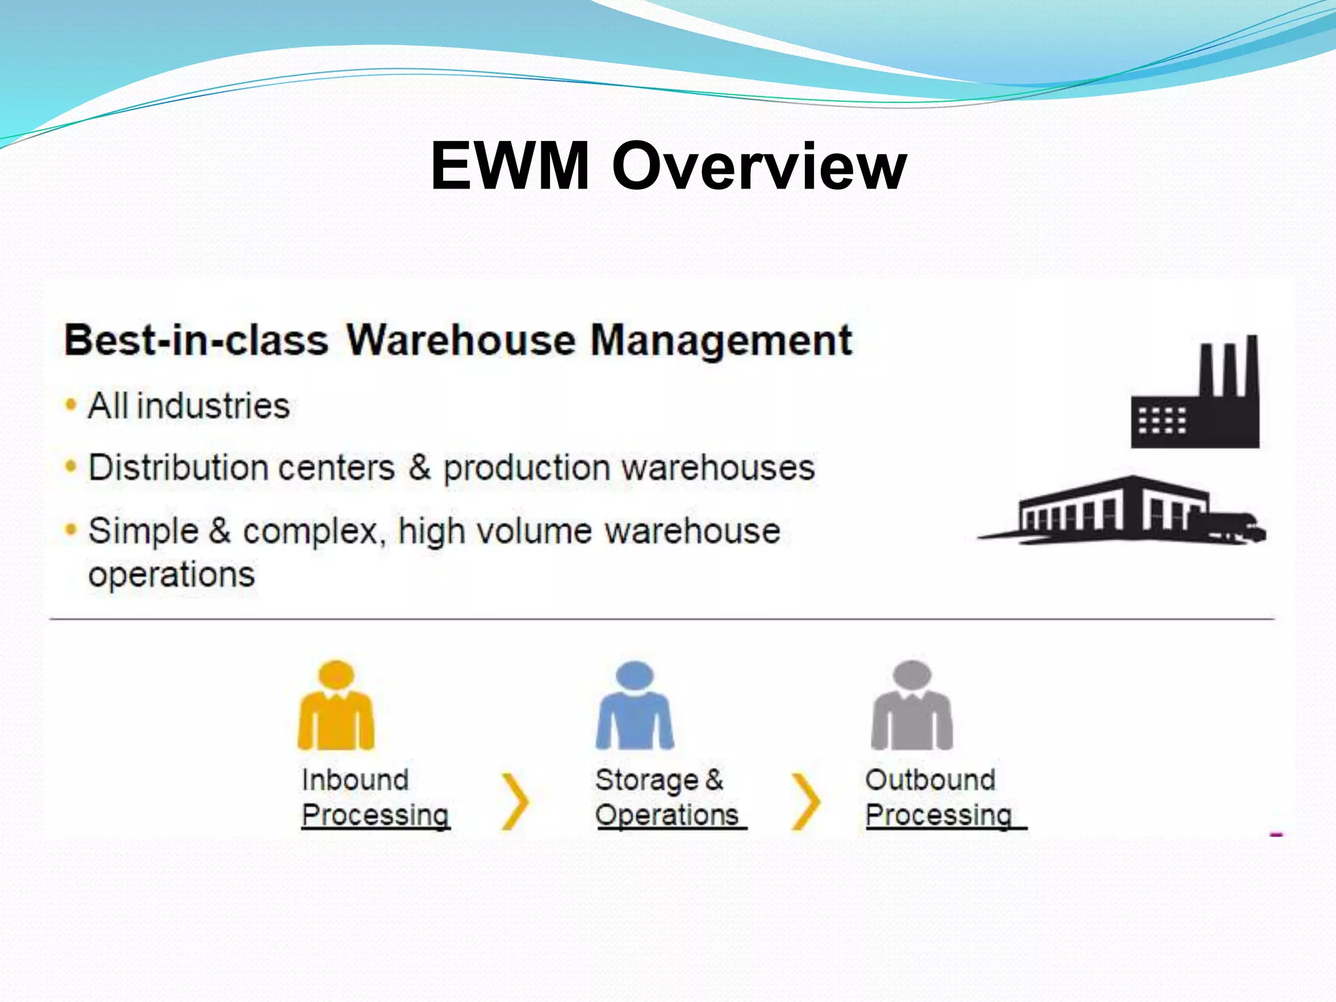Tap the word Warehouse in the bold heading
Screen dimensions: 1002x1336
461,340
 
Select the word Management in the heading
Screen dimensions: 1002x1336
721,340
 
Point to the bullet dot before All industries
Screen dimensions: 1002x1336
70,404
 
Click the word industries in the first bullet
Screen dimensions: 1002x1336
213,406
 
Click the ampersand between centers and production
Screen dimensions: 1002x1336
419,468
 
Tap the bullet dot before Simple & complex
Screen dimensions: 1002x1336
70,529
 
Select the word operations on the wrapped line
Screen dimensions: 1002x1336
172,575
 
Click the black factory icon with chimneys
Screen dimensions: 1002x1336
1196,394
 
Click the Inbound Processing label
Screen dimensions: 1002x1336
375,797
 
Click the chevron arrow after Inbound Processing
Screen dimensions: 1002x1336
516,802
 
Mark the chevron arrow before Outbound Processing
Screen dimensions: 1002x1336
806,802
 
